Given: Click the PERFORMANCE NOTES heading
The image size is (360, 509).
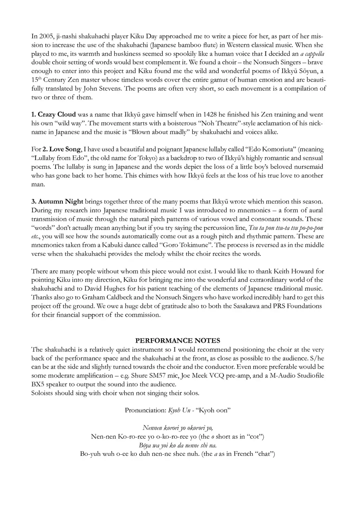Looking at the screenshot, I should coord(178,341).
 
